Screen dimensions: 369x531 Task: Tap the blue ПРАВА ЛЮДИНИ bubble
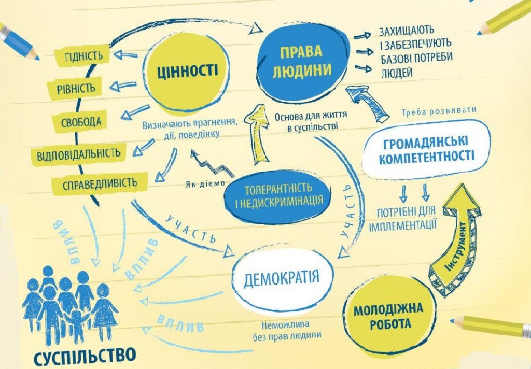click(302, 60)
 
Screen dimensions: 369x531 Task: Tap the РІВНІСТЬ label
click(79, 88)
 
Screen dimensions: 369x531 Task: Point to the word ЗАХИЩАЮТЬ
click(407, 30)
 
